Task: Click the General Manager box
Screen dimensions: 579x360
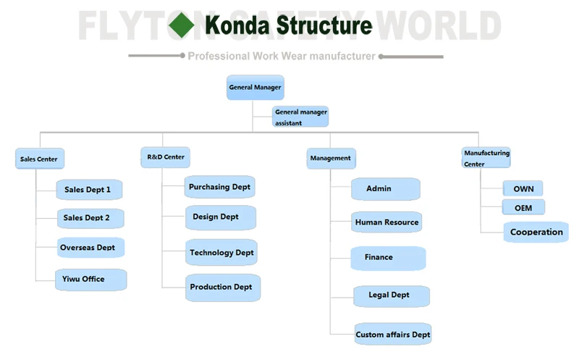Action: [x=255, y=88]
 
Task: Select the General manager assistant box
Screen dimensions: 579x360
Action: [x=300, y=117]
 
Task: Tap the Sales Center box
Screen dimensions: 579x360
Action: [x=40, y=159]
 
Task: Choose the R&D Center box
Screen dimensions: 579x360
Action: [x=166, y=157]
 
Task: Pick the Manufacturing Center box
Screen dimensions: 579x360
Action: [x=486, y=158]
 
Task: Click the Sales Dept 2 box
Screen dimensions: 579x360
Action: [x=90, y=218]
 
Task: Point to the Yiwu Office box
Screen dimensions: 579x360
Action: [x=91, y=280]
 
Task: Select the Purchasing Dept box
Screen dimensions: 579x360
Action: [x=220, y=187]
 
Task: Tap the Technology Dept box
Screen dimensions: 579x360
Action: [x=221, y=253]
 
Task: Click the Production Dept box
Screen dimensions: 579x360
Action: [x=223, y=288]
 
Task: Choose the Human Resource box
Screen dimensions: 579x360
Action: [x=386, y=222]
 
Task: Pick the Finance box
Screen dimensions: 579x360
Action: [x=388, y=258]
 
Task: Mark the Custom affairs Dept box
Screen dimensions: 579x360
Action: [x=393, y=334]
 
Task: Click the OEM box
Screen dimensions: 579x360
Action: [x=523, y=207]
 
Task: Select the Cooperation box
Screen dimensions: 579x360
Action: [x=536, y=232]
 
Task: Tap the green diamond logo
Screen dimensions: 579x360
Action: [x=182, y=25]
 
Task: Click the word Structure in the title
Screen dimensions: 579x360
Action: [x=324, y=25]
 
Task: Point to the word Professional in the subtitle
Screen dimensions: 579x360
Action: [x=219, y=56]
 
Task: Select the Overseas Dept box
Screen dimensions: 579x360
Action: [x=91, y=247]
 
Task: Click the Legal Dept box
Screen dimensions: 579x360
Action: [x=392, y=296]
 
